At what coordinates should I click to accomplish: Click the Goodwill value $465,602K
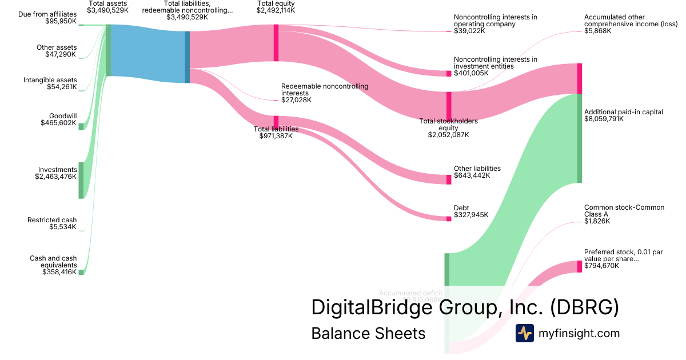coord(58,123)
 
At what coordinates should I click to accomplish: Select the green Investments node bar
coord(81,180)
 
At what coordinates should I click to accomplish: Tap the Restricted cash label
coord(52,220)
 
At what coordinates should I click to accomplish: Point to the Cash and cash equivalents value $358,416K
coord(59,272)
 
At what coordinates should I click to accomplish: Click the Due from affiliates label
coord(48,14)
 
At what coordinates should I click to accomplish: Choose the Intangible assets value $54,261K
coord(62,87)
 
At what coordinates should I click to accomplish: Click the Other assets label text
coord(57,47)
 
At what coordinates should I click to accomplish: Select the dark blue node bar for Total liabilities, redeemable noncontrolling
coord(187,57)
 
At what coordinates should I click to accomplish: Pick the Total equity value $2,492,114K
coord(276,10)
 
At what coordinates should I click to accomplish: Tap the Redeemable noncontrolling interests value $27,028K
coord(296,100)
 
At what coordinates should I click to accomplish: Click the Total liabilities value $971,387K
coord(276,136)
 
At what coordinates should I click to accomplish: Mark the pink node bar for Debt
coord(449,218)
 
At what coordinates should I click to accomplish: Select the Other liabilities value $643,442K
coord(472,175)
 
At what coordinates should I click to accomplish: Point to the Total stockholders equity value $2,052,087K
coord(448,135)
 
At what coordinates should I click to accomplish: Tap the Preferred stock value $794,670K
coord(601,266)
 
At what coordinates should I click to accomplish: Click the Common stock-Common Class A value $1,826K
coord(597,221)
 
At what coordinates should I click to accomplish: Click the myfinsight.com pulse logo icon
coord(524,333)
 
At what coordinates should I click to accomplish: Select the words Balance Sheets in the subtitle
coord(368,333)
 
